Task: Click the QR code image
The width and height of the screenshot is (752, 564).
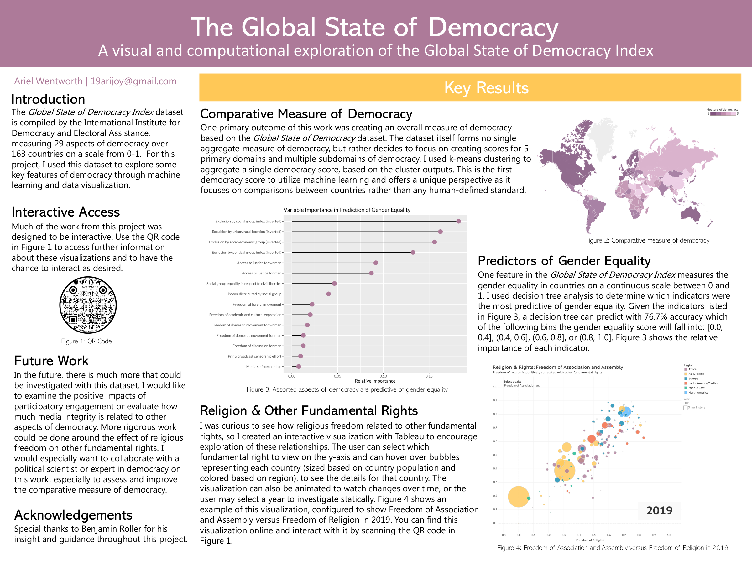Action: [x=88, y=305]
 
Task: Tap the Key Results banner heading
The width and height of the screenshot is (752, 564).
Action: [x=486, y=88]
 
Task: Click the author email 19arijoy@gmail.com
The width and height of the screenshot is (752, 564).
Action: [x=133, y=81]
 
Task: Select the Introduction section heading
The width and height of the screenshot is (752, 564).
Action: [x=48, y=99]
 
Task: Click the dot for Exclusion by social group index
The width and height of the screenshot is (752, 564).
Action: [x=459, y=221]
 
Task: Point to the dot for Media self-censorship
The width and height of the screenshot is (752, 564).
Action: [x=299, y=367]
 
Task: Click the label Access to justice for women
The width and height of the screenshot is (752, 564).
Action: [x=259, y=263]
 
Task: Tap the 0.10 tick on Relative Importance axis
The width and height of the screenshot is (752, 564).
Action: [x=383, y=376]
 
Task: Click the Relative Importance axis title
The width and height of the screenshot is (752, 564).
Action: [x=375, y=381]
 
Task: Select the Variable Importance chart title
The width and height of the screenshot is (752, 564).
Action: [x=347, y=210]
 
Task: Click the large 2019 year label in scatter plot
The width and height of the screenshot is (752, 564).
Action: [x=659, y=511]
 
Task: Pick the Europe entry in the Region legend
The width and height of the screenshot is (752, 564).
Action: [x=693, y=379]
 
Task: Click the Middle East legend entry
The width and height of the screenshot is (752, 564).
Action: [x=696, y=388]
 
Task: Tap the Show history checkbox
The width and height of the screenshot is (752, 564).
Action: [x=685, y=408]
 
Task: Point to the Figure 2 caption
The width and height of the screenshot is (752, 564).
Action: [x=647, y=240]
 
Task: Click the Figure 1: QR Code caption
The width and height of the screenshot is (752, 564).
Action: [x=86, y=341]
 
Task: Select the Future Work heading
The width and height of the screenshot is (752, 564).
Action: [x=51, y=361]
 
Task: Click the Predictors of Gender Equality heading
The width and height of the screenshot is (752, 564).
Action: [x=564, y=261]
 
